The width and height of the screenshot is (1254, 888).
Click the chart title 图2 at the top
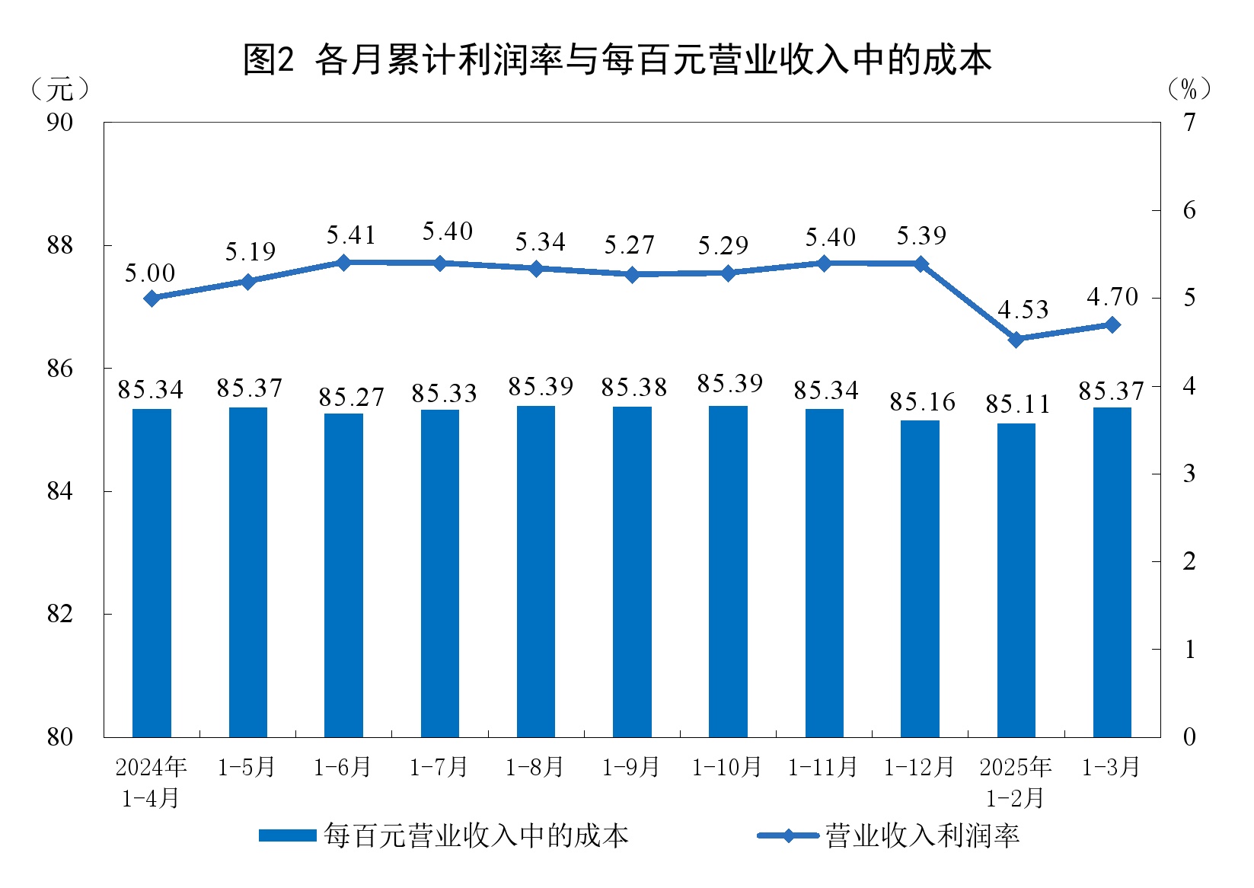coord(617,59)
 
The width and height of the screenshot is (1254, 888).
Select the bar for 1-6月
coord(343,575)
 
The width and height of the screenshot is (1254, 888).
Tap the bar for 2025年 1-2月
coord(1016,580)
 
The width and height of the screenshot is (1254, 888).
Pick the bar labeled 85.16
coord(920,578)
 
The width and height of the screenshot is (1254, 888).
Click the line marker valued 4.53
coord(1016,339)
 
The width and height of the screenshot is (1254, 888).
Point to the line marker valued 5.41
coord(343,263)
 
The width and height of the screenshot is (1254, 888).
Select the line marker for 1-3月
coord(1112,324)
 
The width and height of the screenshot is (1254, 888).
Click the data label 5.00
coord(150,273)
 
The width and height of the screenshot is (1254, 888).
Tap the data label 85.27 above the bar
coord(351,397)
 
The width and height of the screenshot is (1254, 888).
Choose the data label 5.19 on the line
coord(250,251)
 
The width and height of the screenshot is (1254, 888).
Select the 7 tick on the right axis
coord(1189,122)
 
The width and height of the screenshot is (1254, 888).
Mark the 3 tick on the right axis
coord(1189,474)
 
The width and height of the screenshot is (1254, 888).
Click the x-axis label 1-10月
coord(726,767)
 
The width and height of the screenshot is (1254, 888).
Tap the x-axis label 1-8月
coord(534,767)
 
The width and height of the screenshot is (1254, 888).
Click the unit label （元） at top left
coord(59,90)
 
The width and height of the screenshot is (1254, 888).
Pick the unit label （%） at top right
coord(1189,90)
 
